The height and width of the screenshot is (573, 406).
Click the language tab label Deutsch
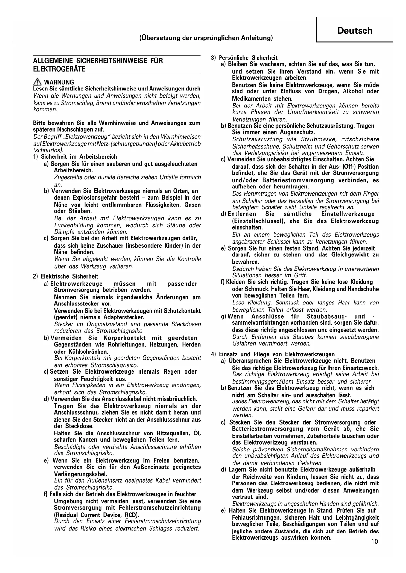[355, 31]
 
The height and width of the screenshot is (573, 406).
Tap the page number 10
[374, 541]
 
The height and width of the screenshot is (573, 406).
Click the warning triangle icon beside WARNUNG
[38, 82]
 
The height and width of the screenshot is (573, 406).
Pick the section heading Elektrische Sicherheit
[69, 276]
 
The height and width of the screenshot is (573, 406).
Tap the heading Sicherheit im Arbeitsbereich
[79, 157]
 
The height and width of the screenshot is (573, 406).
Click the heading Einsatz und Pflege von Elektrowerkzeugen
[277, 354]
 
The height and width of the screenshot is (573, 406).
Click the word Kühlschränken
[81, 352]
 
